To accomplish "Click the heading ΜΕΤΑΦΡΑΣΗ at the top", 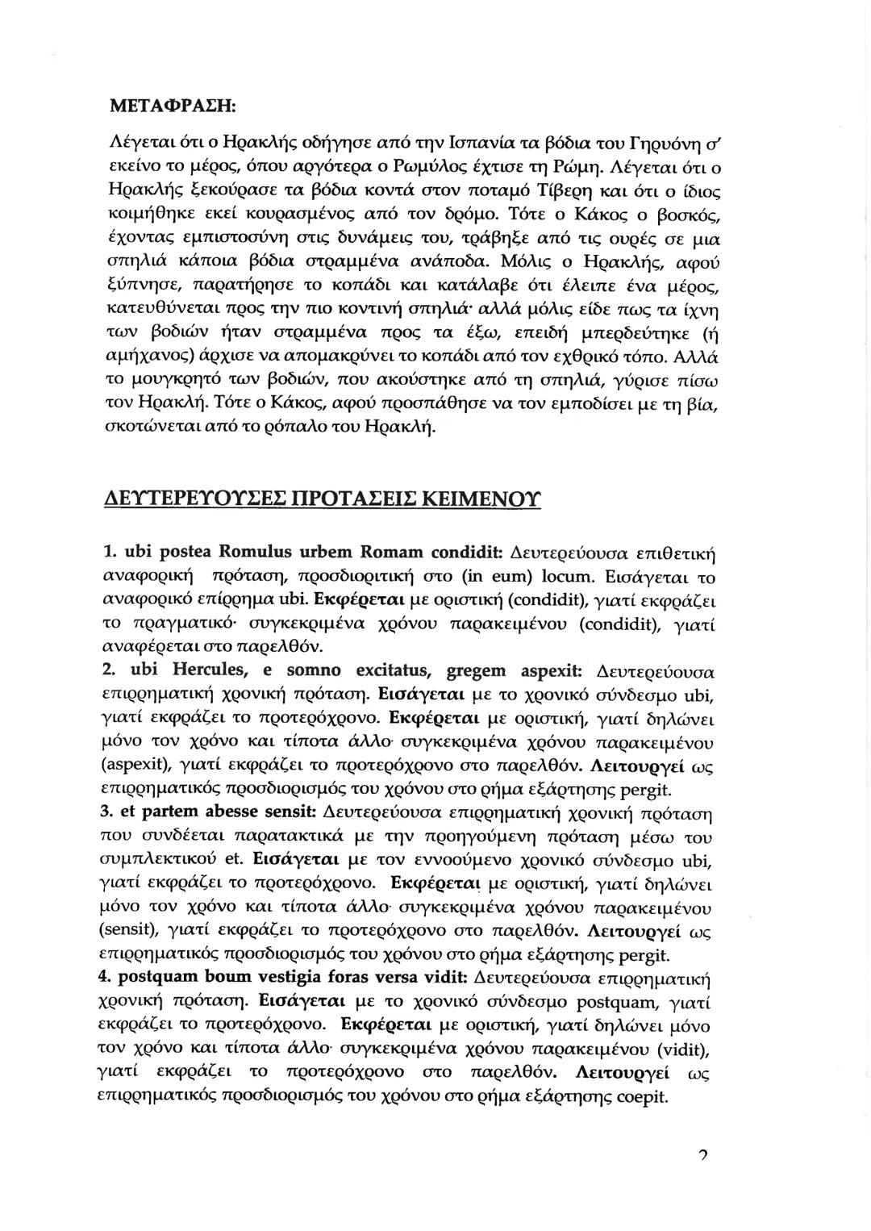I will tap(172, 105).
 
